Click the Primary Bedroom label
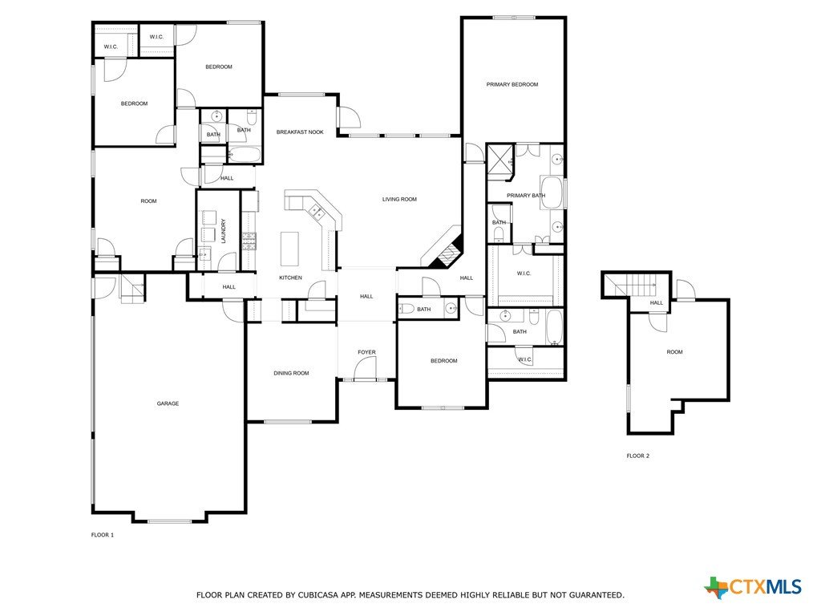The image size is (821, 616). (512, 84)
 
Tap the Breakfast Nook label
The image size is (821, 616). (300, 132)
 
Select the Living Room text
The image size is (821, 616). (399, 199)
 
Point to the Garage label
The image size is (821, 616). (168, 403)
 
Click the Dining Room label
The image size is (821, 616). (291, 373)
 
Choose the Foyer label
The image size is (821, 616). (366, 352)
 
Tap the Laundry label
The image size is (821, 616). (224, 231)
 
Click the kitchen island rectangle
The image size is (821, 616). (289, 249)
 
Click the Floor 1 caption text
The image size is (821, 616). (103, 535)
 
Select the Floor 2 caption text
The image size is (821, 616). (637, 456)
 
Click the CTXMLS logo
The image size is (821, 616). (753, 587)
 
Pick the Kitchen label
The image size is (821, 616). (290, 278)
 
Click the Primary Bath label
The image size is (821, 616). (526, 196)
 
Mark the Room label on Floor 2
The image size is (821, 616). (675, 352)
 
